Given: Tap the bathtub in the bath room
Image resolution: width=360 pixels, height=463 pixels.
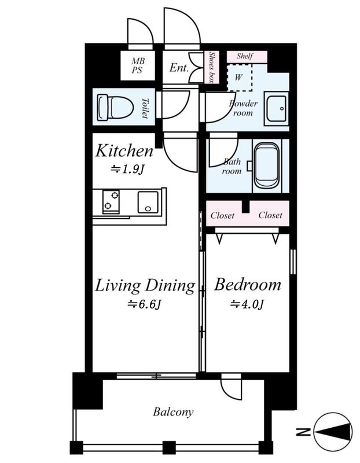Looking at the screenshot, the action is [x=266, y=166].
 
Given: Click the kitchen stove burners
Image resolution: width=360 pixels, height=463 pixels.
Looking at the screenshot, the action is [x=111, y=201].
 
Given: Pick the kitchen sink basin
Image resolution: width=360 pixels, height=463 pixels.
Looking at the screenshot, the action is [x=148, y=202].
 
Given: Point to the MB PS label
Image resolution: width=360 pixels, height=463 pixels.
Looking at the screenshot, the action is [x=138, y=65].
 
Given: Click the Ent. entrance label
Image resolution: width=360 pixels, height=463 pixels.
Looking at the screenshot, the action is [x=179, y=68].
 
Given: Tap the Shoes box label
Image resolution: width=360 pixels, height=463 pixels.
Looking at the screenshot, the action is [x=212, y=67].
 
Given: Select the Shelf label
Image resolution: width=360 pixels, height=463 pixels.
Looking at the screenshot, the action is [x=245, y=56].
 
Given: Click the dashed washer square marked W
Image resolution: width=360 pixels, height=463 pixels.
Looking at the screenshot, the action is [x=240, y=78].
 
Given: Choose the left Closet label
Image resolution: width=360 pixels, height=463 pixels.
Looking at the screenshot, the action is [x=222, y=215].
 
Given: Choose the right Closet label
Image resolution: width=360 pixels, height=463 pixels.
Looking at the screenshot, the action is [x=270, y=215].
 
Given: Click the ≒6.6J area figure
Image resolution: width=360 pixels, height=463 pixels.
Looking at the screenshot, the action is [x=145, y=304].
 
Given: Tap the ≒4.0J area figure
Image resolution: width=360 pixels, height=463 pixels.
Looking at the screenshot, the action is [x=247, y=304].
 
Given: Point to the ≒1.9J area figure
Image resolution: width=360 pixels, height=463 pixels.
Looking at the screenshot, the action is [x=127, y=169].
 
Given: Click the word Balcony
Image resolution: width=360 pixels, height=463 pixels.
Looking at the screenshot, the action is [x=173, y=412].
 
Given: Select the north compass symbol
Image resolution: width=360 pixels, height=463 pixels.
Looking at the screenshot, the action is [x=333, y=432].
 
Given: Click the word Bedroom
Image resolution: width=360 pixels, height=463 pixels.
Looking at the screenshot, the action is [x=248, y=285].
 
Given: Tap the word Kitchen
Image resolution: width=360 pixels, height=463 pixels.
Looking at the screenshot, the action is [x=124, y=150].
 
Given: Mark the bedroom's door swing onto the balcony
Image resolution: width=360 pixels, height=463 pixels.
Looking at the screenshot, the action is [x=232, y=387].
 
